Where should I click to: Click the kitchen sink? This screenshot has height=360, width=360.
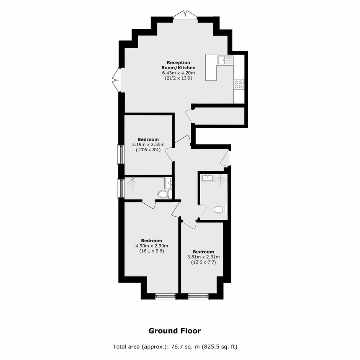pyautogui.click(x=226, y=60)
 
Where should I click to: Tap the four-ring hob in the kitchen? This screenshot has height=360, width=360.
pyautogui.click(x=239, y=84)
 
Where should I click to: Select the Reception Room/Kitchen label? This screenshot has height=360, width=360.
pyautogui.click(x=178, y=65)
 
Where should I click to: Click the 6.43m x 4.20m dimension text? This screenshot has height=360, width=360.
pyautogui.click(x=178, y=73)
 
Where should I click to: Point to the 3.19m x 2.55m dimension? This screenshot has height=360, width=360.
pyautogui.click(x=148, y=145)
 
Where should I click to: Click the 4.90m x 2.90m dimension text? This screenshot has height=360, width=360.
pyautogui.click(x=152, y=246)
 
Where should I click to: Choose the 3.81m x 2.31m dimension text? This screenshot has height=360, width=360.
pyautogui.click(x=203, y=257)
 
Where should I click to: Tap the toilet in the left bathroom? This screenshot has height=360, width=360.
pyautogui.click(x=165, y=194)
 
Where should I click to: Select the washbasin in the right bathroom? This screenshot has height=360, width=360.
pyautogui.click(x=208, y=178)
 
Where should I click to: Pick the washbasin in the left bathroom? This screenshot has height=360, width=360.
pyautogui.click(x=168, y=183)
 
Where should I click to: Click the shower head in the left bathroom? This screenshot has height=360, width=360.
pyautogui.click(x=133, y=178)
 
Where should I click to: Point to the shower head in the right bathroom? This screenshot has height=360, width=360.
pyautogui.click(x=221, y=176)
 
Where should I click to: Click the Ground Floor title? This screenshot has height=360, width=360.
pyautogui.click(x=175, y=331)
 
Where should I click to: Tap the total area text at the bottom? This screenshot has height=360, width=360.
pyautogui.click(x=175, y=347)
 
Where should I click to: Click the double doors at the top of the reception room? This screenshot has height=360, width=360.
pyautogui.click(x=185, y=14)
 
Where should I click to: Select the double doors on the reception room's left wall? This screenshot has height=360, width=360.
pyautogui.click(x=116, y=80)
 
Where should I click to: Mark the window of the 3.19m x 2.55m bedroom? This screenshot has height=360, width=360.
pyautogui.click(x=121, y=154)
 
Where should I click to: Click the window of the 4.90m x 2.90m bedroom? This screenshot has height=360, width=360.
pyautogui.click(x=166, y=297)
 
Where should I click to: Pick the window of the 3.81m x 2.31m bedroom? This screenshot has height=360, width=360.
pyautogui.click(x=198, y=297)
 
